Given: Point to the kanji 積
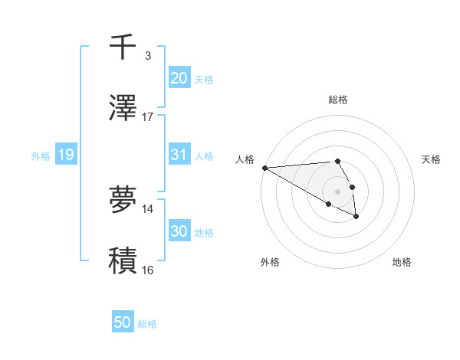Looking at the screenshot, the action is click(x=123, y=260).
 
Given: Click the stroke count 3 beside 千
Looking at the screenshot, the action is click(x=147, y=55).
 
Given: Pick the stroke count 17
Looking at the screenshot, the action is click(x=148, y=117).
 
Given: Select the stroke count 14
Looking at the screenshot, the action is click(x=148, y=208).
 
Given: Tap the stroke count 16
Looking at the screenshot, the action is click(x=148, y=270).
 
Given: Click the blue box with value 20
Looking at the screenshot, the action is click(x=179, y=78).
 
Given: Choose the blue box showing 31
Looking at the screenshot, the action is click(x=179, y=155).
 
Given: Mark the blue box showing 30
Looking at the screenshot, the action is click(x=179, y=231).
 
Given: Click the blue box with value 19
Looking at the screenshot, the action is click(x=65, y=155).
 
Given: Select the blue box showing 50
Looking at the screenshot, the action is click(x=123, y=322).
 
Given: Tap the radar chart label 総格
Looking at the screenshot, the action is click(x=338, y=100).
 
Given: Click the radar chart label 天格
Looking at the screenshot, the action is click(x=432, y=159).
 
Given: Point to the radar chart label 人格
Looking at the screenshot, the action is click(x=245, y=159).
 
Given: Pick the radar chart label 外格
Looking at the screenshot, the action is click(x=270, y=262).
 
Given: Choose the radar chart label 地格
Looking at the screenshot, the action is click(x=402, y=262).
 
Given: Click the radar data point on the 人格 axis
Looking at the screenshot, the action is click(x=264, y=168).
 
